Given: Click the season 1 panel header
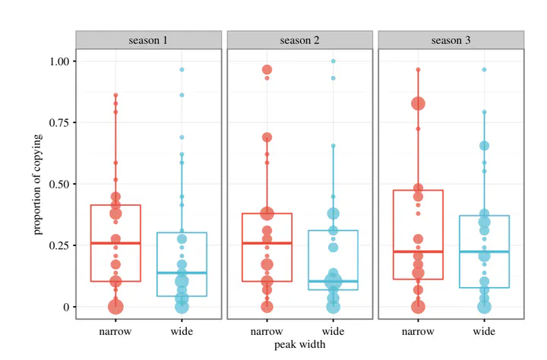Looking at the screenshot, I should (149, 39).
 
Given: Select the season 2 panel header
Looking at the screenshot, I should (299, 39).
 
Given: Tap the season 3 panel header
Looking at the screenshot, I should (451, 39).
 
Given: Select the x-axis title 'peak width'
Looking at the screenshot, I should (299, 345).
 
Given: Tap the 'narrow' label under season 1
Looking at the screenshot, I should (115, 332).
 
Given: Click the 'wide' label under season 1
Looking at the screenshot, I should (182, 332).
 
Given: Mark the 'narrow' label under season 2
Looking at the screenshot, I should (267, 332).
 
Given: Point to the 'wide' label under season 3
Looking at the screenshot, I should (484, 332).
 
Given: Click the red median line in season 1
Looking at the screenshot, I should (115, 243).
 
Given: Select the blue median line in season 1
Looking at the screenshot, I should (182, 273).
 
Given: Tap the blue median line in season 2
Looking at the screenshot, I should (333, 281).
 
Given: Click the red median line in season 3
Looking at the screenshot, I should (418, 251).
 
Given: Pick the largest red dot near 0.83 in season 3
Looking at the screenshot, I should (418, 103).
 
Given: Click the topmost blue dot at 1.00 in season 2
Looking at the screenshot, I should (333, 62).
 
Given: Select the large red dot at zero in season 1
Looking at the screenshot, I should (115, 307).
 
